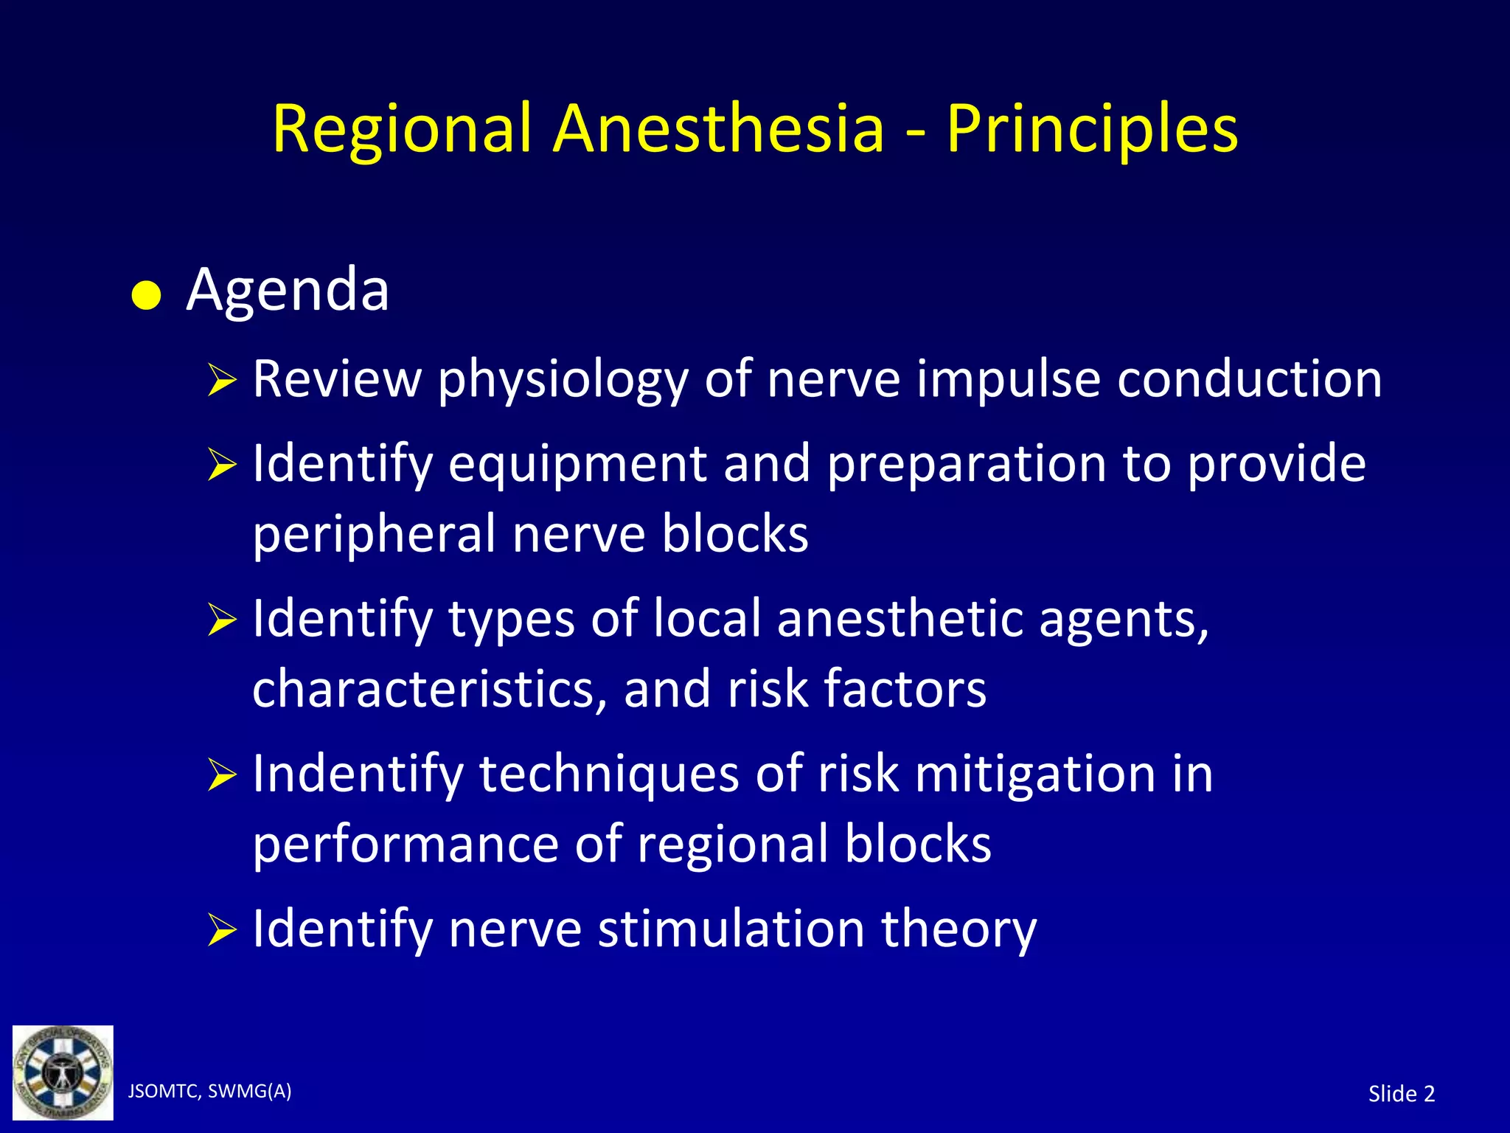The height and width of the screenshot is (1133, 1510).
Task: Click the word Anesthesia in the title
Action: tap(718, 129)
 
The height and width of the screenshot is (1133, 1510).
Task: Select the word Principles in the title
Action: tap(1092, 131)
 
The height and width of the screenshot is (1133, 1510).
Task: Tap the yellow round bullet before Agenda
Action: tap(146, 297)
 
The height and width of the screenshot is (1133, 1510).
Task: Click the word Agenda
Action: tap(288, 291)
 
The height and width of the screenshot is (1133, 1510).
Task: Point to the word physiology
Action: tap(563, 381)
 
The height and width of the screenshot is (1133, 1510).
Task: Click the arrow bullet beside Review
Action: tap(221, 381)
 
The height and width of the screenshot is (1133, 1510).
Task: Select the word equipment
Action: tap(577, 465)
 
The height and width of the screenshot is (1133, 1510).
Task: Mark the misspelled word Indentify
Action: tap(358, 775)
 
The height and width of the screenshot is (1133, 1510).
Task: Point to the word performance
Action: tap(406, 845)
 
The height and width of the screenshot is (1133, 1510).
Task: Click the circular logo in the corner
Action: tap(63, 1073)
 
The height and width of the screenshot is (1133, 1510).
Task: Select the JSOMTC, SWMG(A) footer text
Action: tap(209, 1091)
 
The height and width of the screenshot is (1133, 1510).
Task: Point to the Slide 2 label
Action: tap(1401, 1093)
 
